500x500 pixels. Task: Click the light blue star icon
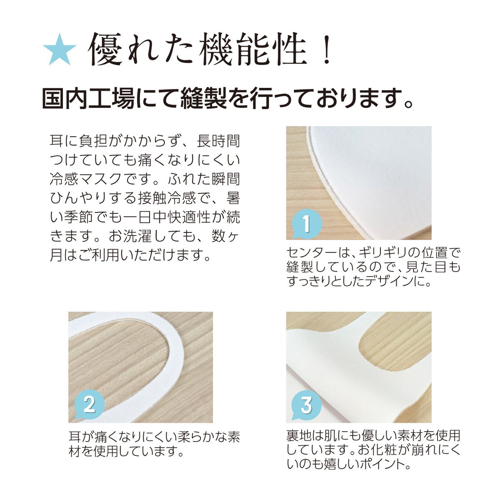coord(59,49)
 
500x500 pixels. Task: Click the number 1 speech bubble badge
coord(306,224)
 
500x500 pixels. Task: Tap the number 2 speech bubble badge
coord(89,404)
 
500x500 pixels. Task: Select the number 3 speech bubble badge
coord(306,404)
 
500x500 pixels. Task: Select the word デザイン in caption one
coord(385,281)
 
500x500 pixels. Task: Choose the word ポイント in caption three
coord(383,463)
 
